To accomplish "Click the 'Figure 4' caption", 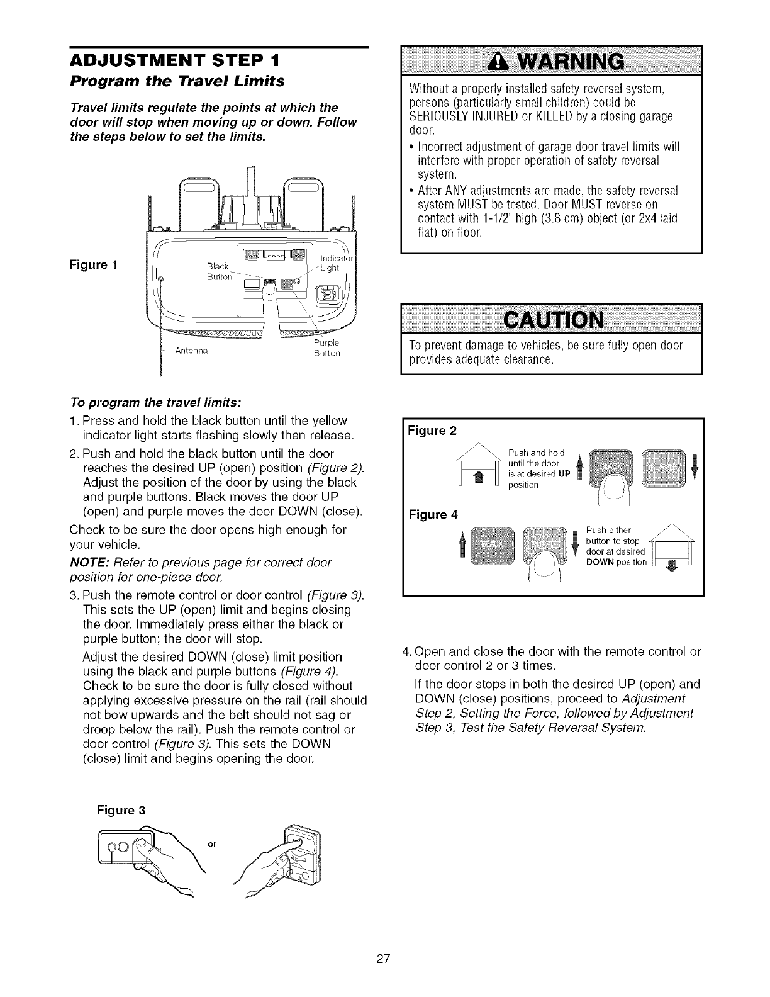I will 432,515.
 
